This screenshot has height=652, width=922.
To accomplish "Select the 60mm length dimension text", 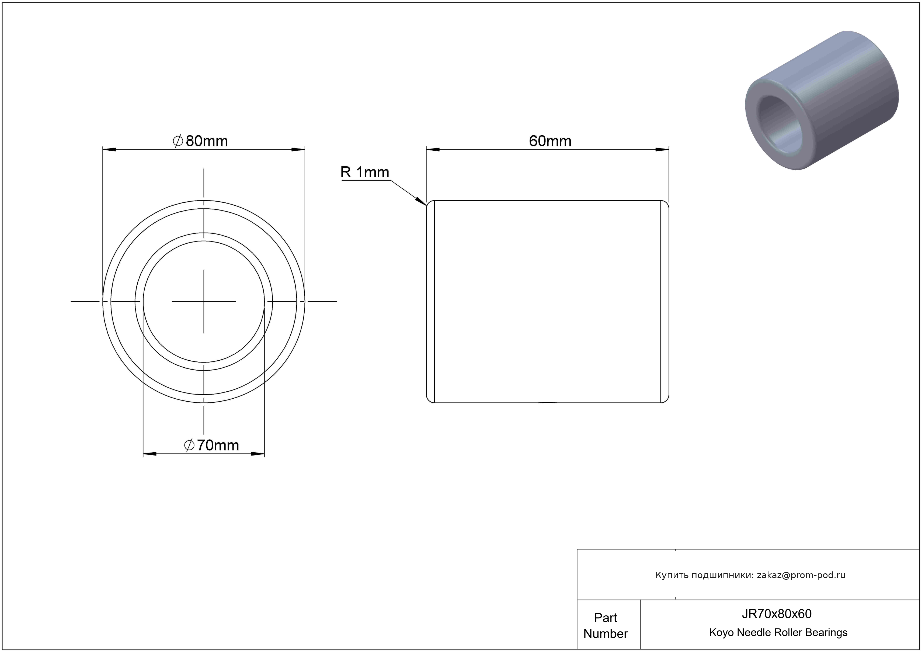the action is click(550, 141).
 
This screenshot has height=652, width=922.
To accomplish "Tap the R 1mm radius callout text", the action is click(365, 172).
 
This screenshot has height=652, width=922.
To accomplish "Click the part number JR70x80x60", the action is click(776, 613).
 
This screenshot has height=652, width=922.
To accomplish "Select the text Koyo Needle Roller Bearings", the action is click(778, 632).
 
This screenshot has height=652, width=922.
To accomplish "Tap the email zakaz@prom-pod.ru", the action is click(801, 575).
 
